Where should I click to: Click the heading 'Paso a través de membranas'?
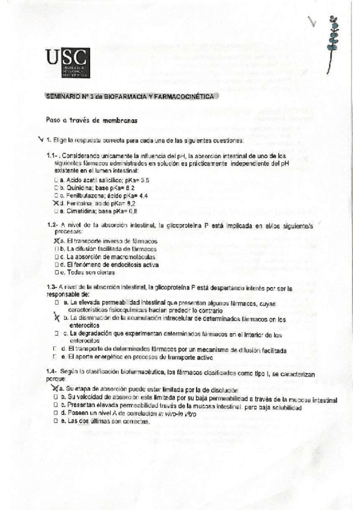92,120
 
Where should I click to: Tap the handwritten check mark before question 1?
40,140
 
